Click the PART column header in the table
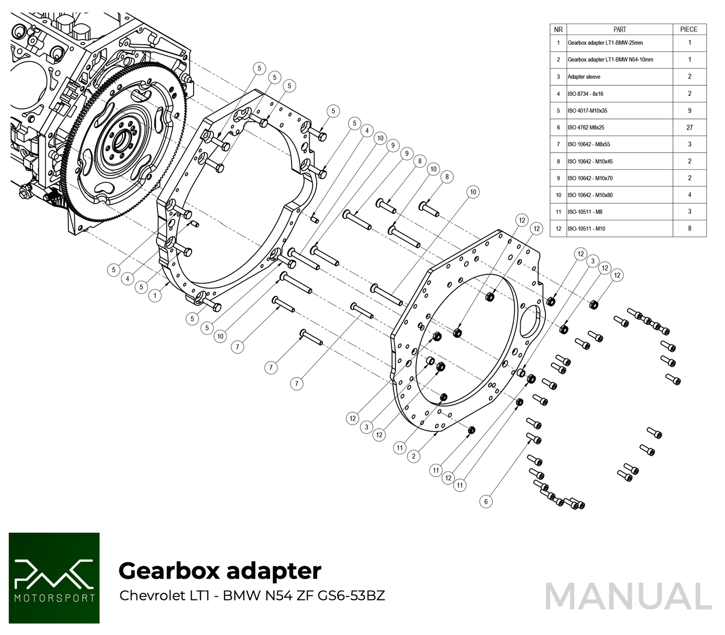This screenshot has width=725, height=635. coord(620,30)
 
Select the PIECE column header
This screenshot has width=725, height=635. coord(689,30)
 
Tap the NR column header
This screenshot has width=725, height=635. coord(558,30)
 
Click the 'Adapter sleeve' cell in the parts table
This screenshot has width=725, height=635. coord(584,77)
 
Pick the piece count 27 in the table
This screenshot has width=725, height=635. coord(689,128)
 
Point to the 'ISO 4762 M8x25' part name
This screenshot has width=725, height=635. coord(586,128)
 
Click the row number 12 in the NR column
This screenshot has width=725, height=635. coord(558,229)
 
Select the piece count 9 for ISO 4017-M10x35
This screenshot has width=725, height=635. coord(689,110)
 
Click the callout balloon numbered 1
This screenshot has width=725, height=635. coord(156,296)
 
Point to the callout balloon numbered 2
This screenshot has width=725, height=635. coord(413,456)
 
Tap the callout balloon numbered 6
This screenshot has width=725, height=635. coord(486,501)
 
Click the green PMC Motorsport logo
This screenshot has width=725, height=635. coord(54,578)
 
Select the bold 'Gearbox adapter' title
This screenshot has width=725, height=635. coord(220,571)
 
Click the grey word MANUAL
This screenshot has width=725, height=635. coord(628,597)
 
